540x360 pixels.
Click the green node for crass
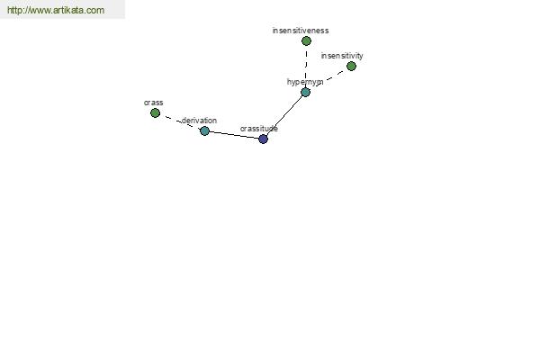(155, 112)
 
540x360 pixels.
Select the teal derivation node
(204, 130)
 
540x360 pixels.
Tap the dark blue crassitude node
(263, 139)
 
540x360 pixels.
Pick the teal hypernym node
(305, 92)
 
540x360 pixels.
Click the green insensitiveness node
(306, 40)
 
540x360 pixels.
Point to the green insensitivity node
(351, 66)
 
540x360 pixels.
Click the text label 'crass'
(153, 103)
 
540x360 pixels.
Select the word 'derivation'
(199, 120)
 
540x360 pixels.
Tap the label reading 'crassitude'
(258, 129)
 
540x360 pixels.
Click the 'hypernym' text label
(304, 82)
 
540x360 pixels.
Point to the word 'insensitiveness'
(301, 30)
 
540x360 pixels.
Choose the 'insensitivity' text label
(342, 56)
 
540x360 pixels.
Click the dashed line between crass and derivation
(180, 121)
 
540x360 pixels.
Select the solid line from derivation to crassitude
(234, 135)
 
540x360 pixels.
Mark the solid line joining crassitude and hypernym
(284, 115)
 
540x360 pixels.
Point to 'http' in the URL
(15, 11)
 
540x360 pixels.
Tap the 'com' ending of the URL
(95, 11)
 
